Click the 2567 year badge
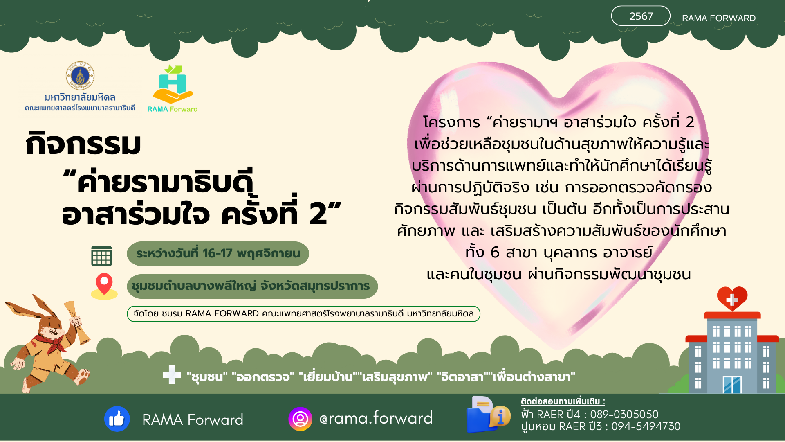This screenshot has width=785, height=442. (640, 16)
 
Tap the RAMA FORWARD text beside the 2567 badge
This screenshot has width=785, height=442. (718, 18)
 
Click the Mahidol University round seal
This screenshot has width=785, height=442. (80, 76)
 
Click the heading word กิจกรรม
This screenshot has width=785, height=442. (83, 144)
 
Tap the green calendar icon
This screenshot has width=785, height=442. (101, 256)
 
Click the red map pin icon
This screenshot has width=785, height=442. (104, 284)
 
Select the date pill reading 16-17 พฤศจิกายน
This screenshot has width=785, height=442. (218, 254)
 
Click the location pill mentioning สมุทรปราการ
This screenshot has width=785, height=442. (252, 286)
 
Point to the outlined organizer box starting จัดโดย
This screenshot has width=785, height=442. (303, 314)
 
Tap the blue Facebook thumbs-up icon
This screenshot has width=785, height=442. (117, 419)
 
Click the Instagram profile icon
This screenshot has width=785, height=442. (300, 419)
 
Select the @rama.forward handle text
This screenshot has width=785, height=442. (376, 418)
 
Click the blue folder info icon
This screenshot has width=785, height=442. (487, 415)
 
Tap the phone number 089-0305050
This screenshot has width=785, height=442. (624, 415)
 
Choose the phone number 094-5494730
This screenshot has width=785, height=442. (646, 426)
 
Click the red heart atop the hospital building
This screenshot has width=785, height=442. (732, 298)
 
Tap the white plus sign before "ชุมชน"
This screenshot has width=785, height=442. (172, 375)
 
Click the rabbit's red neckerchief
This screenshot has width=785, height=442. (51, 341)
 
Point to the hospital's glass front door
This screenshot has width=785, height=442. (732, 385)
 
